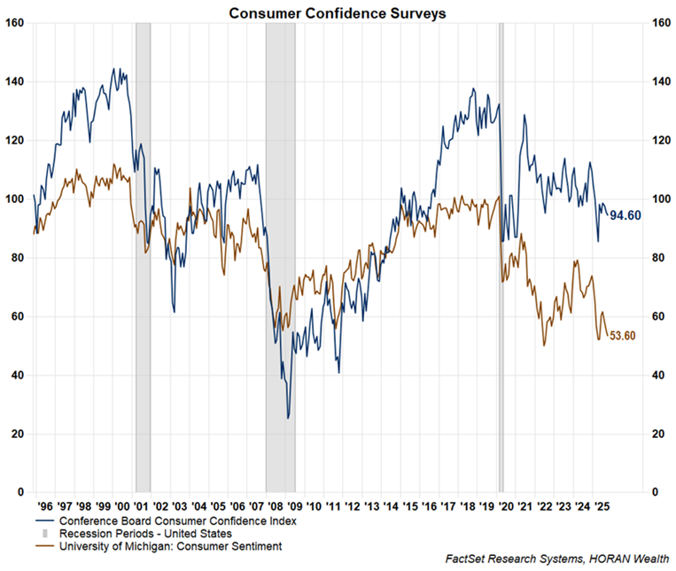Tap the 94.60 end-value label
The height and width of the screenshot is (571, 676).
point(628,215)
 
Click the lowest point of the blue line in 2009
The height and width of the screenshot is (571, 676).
point(288,418)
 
